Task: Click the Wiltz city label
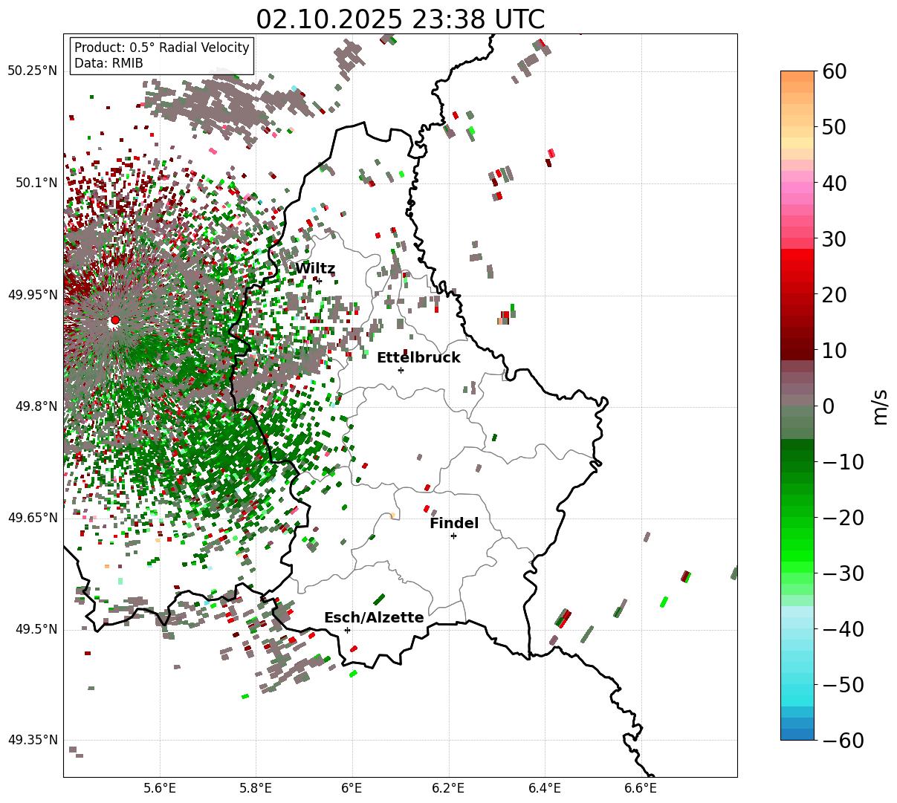tap(315, 269)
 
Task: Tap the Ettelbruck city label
tap(418, 358)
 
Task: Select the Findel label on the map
tap(454, 524)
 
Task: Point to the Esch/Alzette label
tap(374, 618)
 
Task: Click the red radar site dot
tap(114, 320)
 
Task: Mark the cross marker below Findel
tap(453, 536)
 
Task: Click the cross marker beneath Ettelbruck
tap(401, 370)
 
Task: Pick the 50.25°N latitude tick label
tap(32, 71)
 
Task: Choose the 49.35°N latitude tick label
tap(32, 741)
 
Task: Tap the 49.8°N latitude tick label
tap(35, 407)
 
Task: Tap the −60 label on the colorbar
tap(843, 741)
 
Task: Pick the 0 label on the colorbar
tap(828, 406)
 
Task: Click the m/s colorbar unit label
tap(881, 406)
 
